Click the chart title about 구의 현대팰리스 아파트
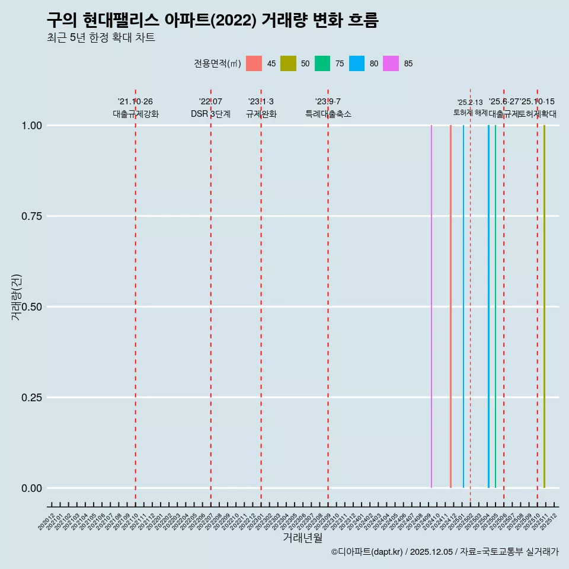(x=212, y=21)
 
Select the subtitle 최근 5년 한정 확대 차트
(x=101, y=39)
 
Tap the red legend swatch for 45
(x=254, y=63)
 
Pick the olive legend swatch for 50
(x=288, y=63)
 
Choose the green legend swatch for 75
(x=322, y=63)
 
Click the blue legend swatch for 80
(x=357, y=63)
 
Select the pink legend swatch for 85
(x=391, y=63)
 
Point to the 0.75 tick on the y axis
(x=31, y=216)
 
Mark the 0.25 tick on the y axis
(x=31, y=398)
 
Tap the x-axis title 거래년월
(x=303, y=538)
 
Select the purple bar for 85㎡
(x=431, y=306)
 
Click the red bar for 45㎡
(x=450, y=306)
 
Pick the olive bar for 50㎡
(x=544, y=306)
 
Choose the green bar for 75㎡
(x=496, y=306)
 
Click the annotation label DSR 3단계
(x=210, y=114)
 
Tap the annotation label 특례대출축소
(x=328, y=114)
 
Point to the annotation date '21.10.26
(x=135, y=102)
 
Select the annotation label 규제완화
(x=261, y=114)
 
